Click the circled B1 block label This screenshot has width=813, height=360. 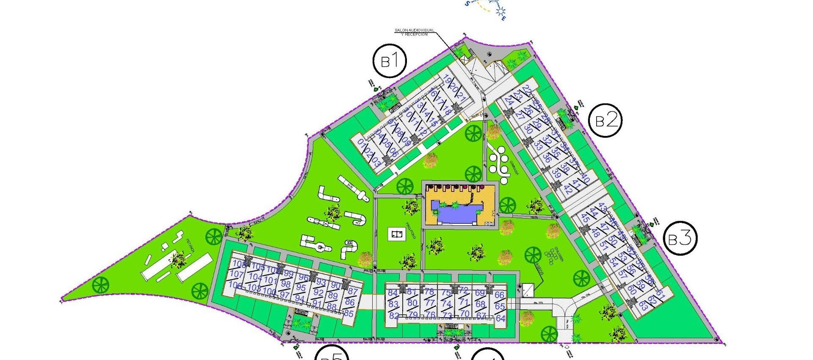click(x=390, y=61)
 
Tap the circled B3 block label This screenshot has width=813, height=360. click(x=680, y=239)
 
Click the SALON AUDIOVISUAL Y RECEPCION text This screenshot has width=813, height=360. click(x=414, y=32)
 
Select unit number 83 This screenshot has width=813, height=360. click(x=393, y=304)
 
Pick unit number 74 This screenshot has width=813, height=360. click(x=446, y=304)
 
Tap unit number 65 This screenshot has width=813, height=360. click(x=500, y=306)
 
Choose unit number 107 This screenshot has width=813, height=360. click(x=237, y=274)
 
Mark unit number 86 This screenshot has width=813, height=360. click(x=350, y=302)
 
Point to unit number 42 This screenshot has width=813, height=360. click(x=568, y=191)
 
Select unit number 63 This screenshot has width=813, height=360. click(x=643, y=306)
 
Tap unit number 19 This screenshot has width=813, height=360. click(x=446, y=79)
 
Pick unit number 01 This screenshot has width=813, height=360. click(x=361, y=143)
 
